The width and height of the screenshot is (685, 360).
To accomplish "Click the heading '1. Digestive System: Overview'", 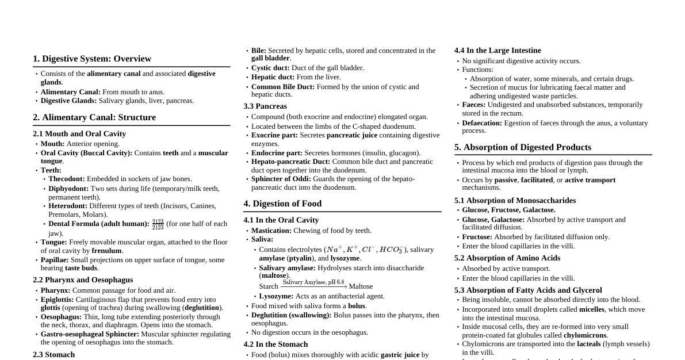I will (92, 59).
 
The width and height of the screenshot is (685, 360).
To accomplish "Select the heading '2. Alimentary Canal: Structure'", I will (94, 117).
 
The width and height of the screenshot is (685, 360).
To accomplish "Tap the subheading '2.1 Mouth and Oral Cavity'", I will (79, 134).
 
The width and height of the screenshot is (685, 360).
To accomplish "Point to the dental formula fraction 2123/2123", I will (158, 224).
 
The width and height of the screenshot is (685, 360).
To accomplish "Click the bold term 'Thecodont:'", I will (67, 179).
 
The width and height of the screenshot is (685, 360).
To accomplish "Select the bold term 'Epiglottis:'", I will (57, 300).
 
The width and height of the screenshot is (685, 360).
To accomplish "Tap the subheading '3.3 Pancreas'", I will (265, 106).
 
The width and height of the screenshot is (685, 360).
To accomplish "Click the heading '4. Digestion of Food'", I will (282, 204).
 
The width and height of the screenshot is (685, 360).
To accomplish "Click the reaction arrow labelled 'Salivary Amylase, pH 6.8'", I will (313, 286).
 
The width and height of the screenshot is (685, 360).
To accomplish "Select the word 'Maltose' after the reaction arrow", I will (361, 286).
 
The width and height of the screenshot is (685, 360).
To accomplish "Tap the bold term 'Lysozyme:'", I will (276, 296).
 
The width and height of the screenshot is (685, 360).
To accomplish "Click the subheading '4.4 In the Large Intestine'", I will (498, 51).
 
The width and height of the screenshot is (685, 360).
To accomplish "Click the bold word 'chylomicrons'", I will (585, 335).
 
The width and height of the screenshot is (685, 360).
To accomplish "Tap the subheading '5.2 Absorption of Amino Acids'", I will (507, 258).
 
